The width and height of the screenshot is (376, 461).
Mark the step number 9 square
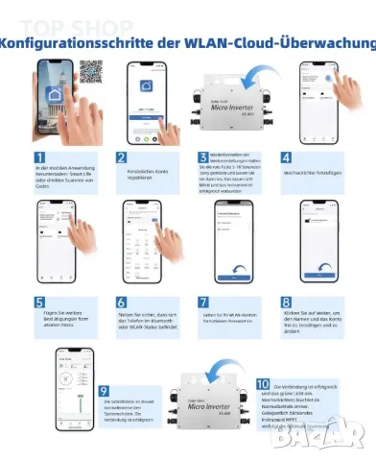point(106,391)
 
